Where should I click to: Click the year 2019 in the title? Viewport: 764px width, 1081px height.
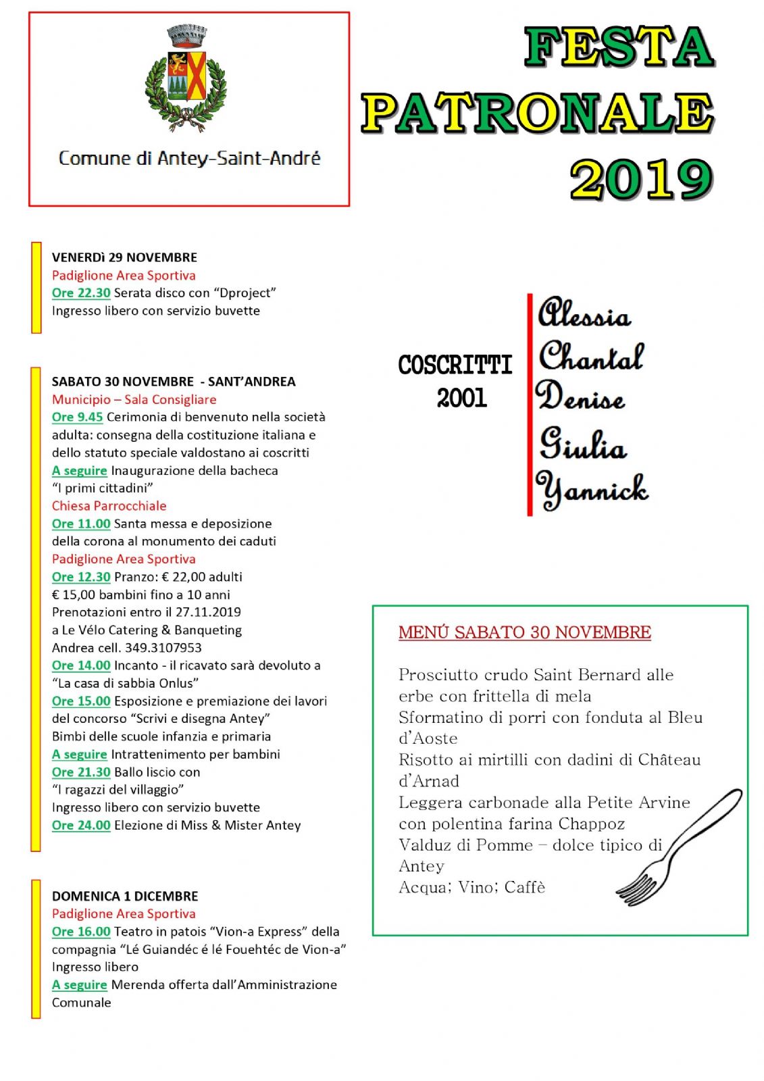pyautogui.click(x=640, y=180)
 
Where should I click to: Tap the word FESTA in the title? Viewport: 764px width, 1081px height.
pyautogui.click(x=619, y=47)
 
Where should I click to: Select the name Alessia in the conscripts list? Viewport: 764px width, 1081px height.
pyautogui.click(x=584, y=313)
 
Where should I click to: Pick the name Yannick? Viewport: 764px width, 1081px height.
pyautogui.click(x=592, y=489)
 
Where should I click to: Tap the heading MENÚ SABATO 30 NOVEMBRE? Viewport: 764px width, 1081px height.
pyautogui.click(x=524, y=632)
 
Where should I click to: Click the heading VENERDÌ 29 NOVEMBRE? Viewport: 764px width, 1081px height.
pyautogui.click(x=124, y=257)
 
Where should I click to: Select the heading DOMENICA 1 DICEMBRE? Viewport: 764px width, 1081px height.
pyautogui.click(x=125, y=896)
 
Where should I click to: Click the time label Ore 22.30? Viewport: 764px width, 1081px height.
pyautogui.click(x=81, y=293)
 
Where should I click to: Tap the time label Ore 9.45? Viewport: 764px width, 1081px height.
pyautogui.click(x=77, y=417)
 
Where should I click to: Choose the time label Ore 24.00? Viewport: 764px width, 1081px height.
pyautogui.click(x=81, y=825)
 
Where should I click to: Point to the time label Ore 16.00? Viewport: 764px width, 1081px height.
pyautogui.click(x=81, y=932)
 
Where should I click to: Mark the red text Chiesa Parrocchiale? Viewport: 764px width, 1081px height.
pyautogui.click(x=109, y=506)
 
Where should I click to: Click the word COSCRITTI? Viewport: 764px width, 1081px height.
pyautogui.click(x=455, y=366)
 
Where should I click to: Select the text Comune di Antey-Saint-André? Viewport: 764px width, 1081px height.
pyautogui.click(x=189, y=159)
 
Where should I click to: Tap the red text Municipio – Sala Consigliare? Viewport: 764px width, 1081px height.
pyautogui.click(x=134, y=399)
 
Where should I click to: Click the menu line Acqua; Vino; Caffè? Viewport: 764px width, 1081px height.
pyautogui.click(x=472, y=887)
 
